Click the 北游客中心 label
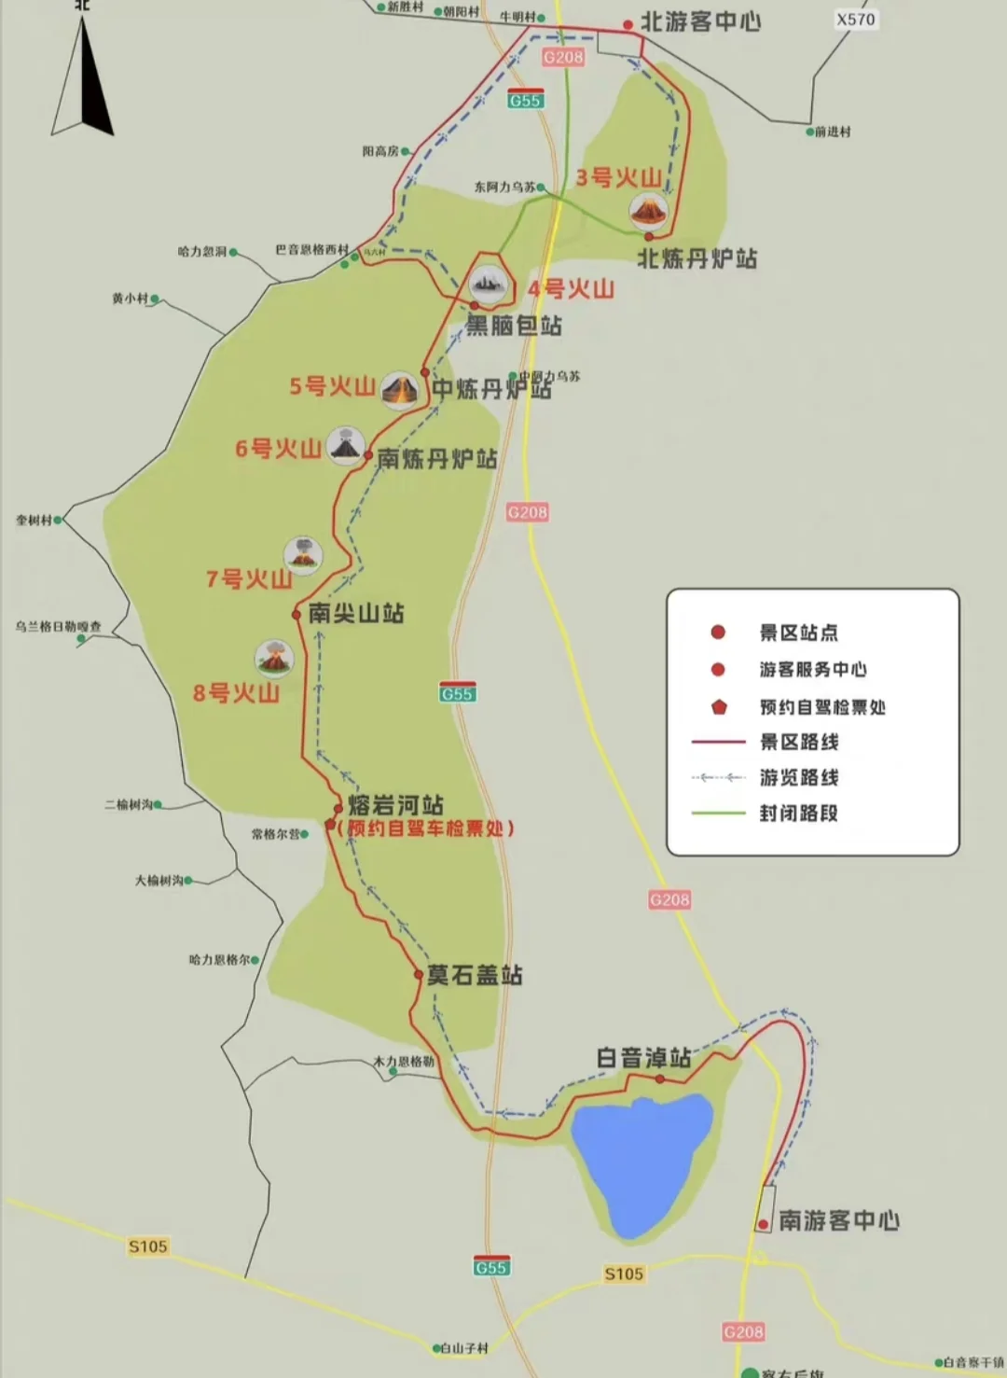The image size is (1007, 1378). coord(700,22)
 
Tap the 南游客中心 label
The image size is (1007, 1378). coord(838,1220)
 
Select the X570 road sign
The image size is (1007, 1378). coord(855,20)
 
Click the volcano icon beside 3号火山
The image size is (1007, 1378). coord(648,212)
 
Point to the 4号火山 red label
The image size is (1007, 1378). coord(571,289)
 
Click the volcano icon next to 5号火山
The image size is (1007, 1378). coord(400,389)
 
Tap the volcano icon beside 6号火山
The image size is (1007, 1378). coord(345,447)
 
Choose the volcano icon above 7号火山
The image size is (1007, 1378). coord(303,554)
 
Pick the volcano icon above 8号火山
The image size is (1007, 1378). coord(274,658)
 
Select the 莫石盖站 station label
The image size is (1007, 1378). coord(474,976)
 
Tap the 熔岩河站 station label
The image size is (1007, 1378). coord(395,805)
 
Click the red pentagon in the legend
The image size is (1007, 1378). coord(719,706)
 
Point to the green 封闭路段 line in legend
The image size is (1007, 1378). coord(718,814)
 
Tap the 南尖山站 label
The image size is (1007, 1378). coord(355,613)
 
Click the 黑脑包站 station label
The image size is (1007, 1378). coord(514,326)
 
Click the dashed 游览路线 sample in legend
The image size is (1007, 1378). coord(718,777)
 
